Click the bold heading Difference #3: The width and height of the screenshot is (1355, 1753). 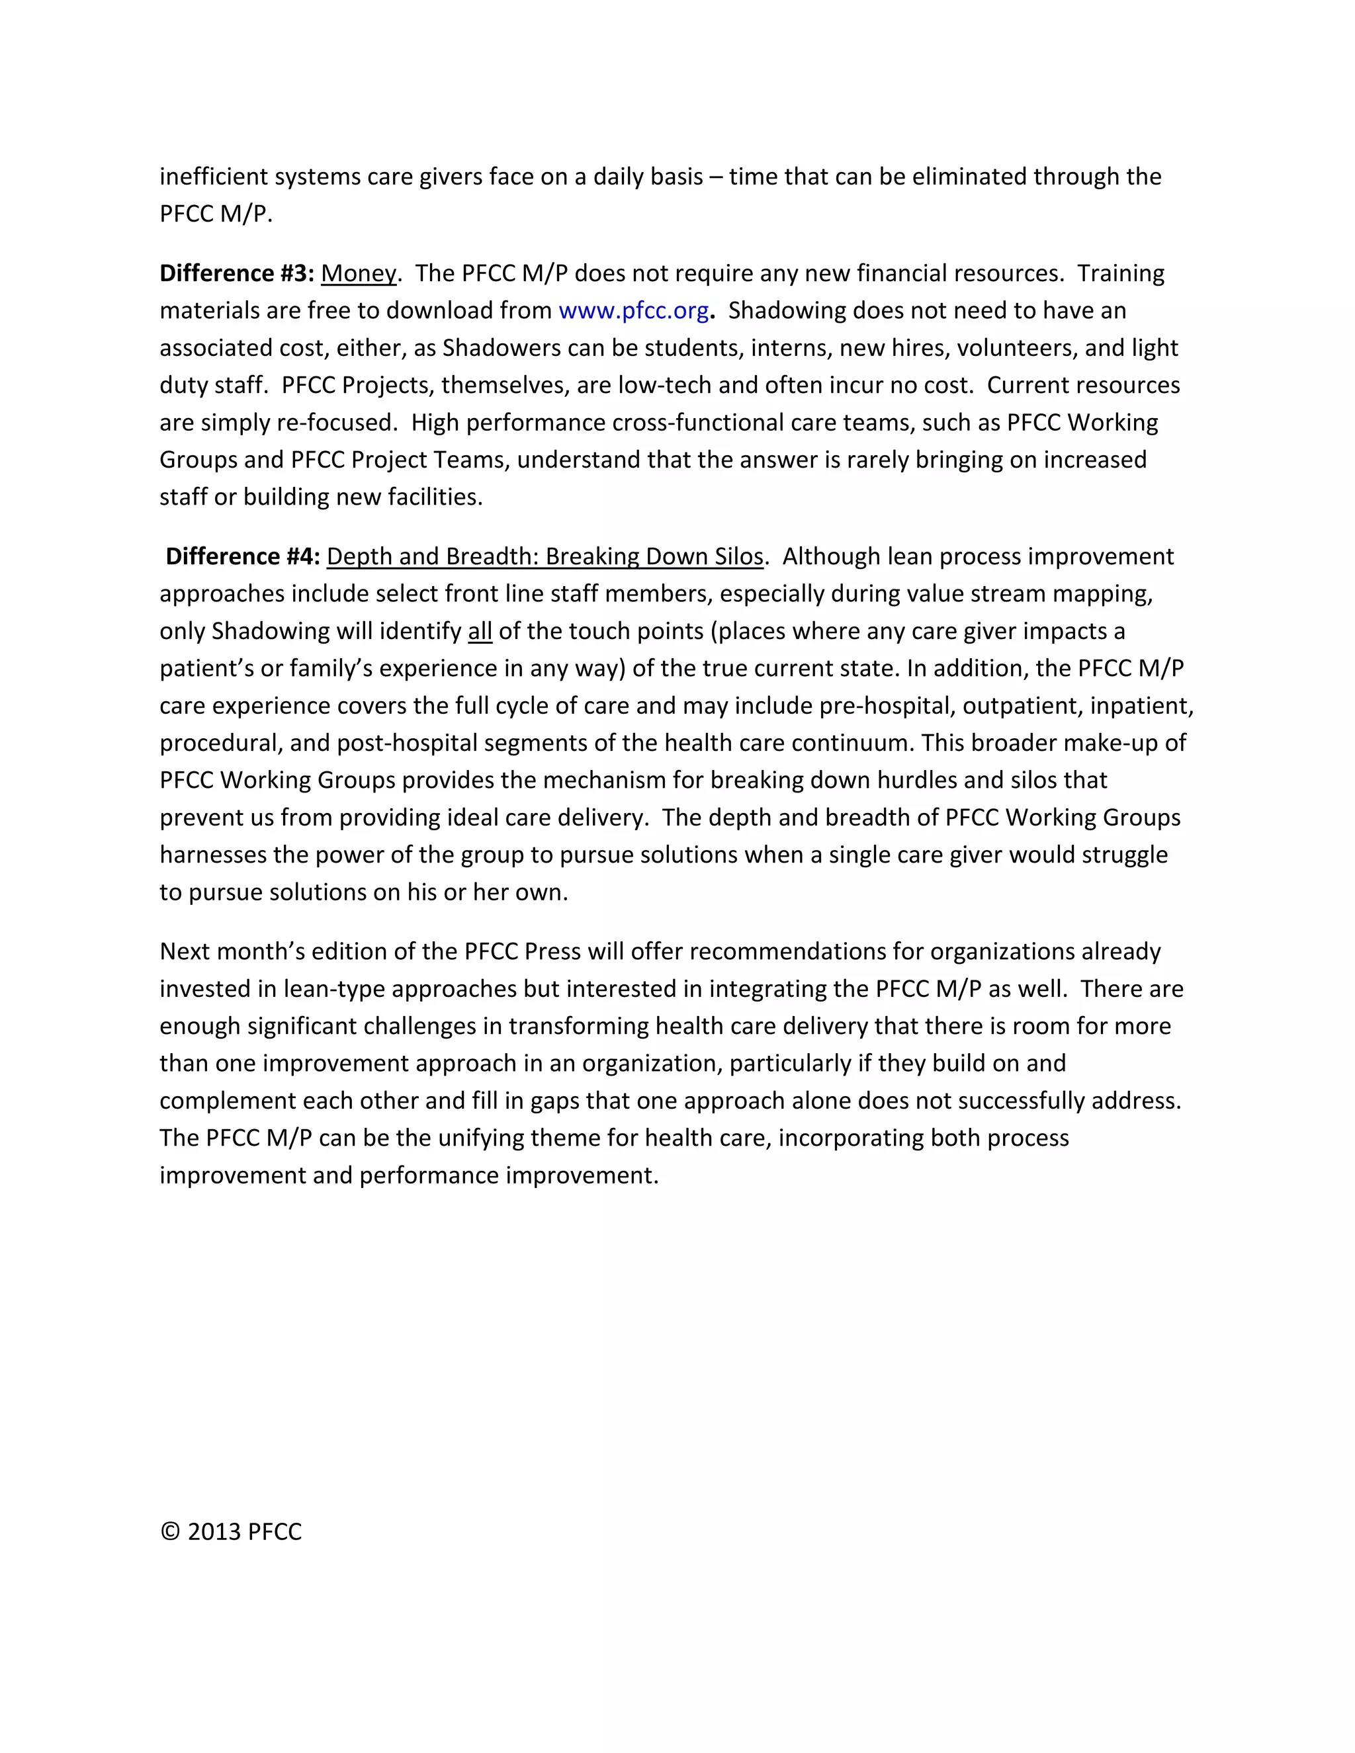236,274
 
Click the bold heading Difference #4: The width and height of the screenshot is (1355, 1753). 242,557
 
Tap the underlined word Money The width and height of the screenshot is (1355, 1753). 358,274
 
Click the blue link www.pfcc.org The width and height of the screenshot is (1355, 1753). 633,311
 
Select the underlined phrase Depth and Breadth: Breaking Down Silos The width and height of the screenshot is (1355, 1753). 545,557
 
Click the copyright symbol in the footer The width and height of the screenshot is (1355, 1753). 169,1531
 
